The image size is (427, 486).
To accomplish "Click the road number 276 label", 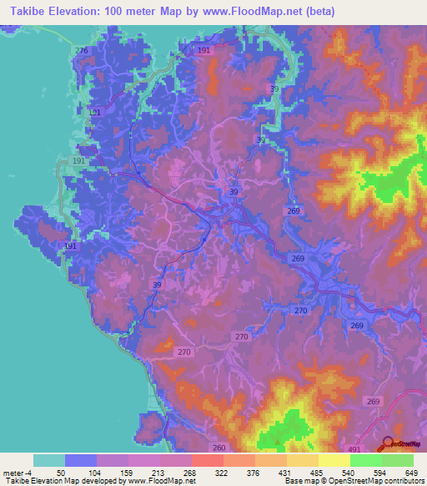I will (81, 51).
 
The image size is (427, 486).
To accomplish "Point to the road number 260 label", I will (219, 448).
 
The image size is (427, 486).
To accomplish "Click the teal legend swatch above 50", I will (49, 460).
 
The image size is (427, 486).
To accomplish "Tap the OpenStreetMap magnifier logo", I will (387, 444).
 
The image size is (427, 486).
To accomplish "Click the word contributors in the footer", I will (399, 481).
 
